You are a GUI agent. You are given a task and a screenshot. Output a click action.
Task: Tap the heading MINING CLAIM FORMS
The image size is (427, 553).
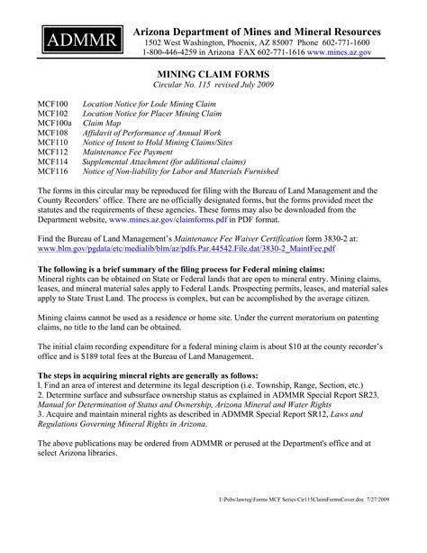(x=213, y=78)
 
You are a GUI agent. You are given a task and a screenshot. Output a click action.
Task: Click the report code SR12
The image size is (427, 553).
(x=310, y=417)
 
